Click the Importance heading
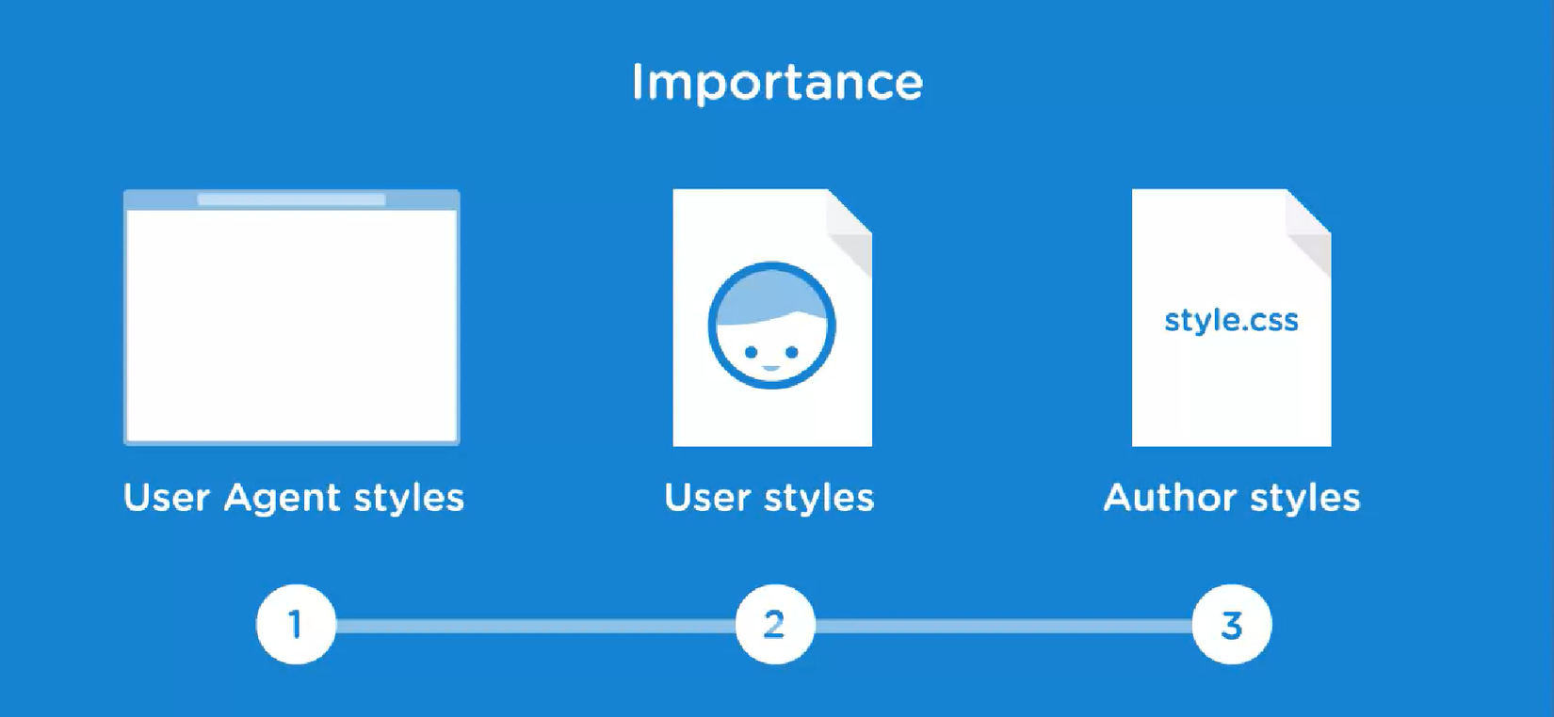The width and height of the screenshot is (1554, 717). (x=777, y=83)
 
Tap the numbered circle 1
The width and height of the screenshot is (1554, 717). (x=297, y=624)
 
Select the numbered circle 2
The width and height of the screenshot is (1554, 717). (x=775, y=624)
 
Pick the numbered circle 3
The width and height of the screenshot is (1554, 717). (x=1232, y=624)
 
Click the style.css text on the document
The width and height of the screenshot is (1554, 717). (x=1231, y=320)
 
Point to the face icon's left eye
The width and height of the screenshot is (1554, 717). (x=751, y=352)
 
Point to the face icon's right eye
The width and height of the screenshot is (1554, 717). (x=791, y=352)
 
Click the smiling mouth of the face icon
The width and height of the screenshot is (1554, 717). (x=770, y=368)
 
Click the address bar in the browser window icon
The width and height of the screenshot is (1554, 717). (x=291, y=199)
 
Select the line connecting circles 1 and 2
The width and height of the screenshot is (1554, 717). (x=536, y=626)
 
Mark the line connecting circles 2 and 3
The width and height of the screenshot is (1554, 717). (x=1004, y=626)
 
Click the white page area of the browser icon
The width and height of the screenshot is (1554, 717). (x=291, y=325)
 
